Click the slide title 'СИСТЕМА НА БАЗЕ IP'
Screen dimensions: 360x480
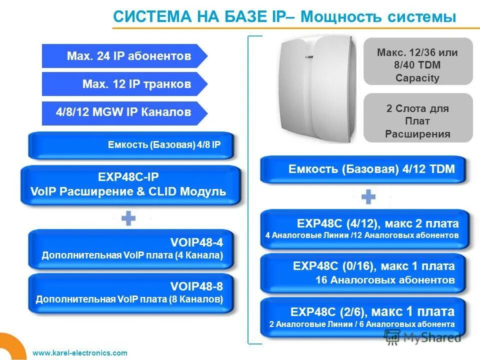pos(200,16)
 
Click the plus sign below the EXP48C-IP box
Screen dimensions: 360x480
pos(128,218)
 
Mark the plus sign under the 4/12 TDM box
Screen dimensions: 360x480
pos(368,197)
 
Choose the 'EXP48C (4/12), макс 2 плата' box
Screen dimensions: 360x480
pos(364,228)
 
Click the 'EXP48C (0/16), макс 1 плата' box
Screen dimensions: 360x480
pos(364,273)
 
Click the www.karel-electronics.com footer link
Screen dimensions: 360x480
pos(80,353)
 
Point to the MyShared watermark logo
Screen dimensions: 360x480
pos(422,337)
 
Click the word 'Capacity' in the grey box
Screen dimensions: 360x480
pos(417,78)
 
